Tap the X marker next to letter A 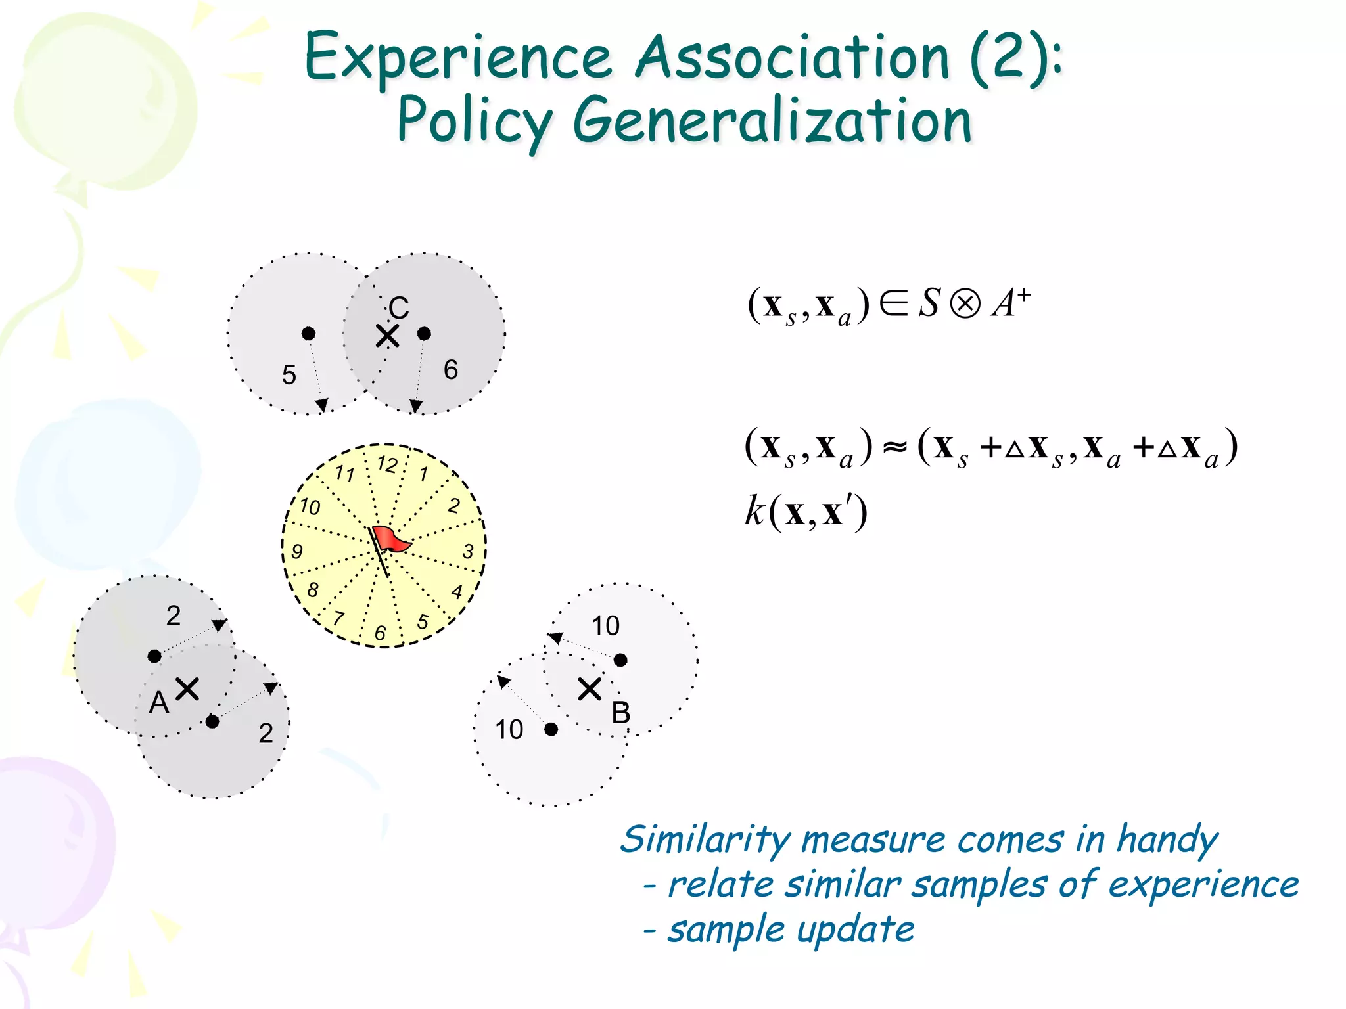[x=187, y=689]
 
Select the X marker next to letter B [x=590, y=689]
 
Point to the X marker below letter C [x=387, y=336]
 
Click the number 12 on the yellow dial [x=387, y=464]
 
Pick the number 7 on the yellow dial [x=338, y=617]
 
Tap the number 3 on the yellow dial [x=468, y=551]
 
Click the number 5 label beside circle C [x=289, y=375]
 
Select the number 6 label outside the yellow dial [x=451, y=370]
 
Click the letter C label [x=399, y=307]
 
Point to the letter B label [x=620, y=713]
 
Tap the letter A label [x=159, y=703]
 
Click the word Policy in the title [x=475, y=122]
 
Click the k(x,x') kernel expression [x=806, y=512]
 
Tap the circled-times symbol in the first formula [x=965, y=305]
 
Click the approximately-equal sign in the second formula [x=894, y=447]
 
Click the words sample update [x=791, y=930]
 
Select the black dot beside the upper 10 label [x=620, y=660]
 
